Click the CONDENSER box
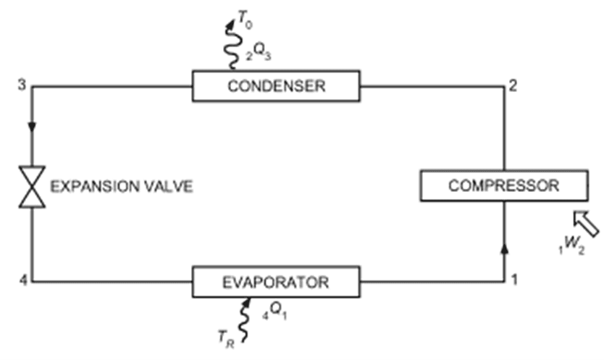pos(276,85)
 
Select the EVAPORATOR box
pos(276,281)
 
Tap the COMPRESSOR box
pos(503,185)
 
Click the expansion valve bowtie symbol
pos(32,187)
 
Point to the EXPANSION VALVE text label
pos(121,187)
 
